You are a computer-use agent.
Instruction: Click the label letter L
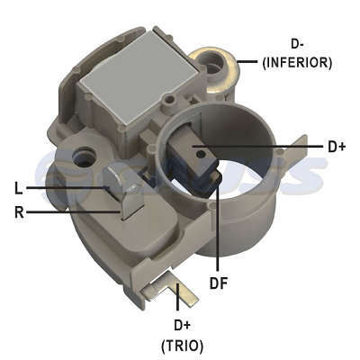point(19,188)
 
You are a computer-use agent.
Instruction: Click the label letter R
point(19,212)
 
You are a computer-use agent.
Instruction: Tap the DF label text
point(219,283)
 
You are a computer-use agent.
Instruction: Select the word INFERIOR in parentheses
point(297,63)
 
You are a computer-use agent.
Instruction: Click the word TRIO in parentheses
point(183,346)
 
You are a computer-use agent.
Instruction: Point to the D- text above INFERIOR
point(297,44)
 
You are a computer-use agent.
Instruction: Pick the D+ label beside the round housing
point(337,147)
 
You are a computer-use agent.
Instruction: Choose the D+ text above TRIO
point(183,325)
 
